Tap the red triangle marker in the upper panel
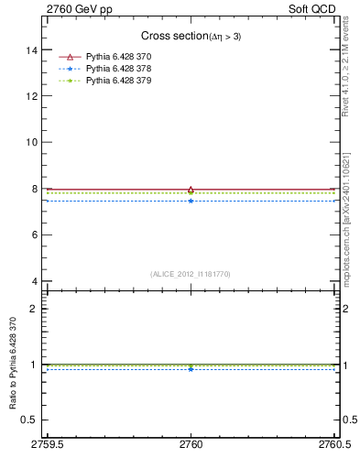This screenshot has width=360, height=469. tap(191, 190)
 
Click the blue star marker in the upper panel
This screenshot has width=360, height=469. tap(191, 201)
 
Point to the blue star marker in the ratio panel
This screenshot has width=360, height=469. tap(191, 369)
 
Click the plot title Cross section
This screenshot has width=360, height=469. tap(191, 36)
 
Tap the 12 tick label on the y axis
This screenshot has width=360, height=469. tap(32, 95)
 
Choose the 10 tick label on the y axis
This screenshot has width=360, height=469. tap(32, 142)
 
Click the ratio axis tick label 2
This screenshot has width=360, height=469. tap(35, 309)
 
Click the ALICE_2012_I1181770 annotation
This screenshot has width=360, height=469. tap(191, 273)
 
